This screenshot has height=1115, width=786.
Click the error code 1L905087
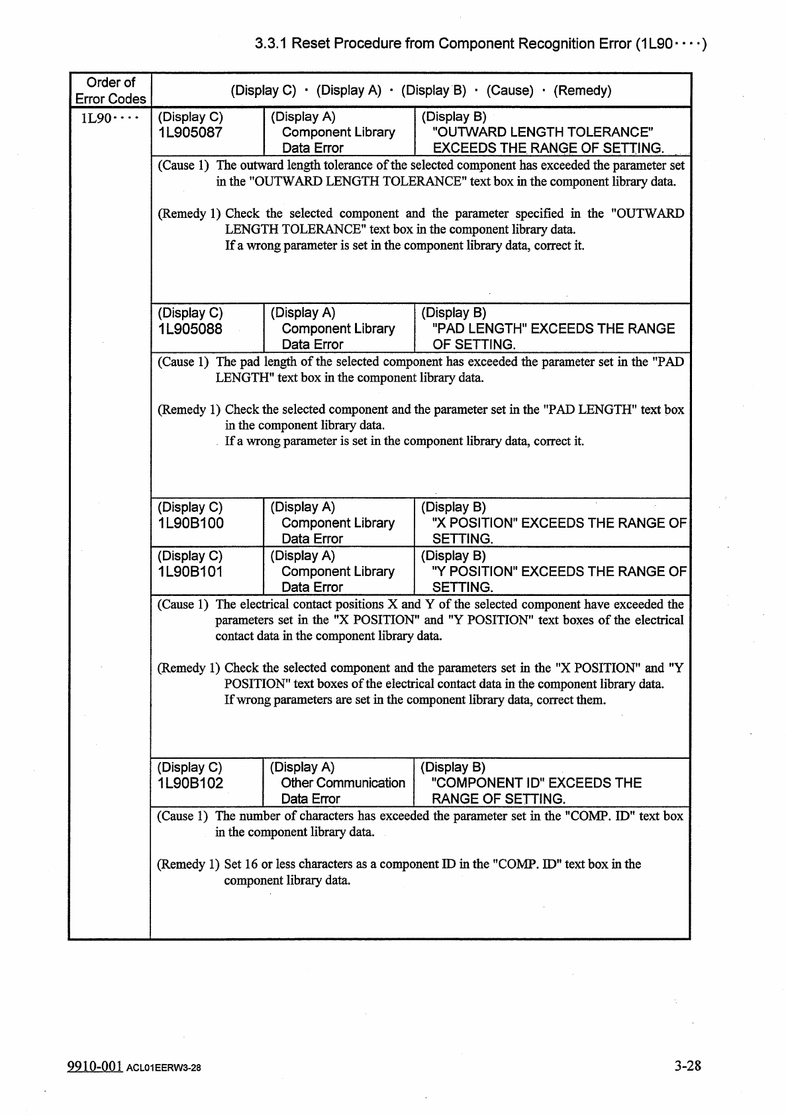(190, 132)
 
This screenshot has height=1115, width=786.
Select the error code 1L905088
(190, 329)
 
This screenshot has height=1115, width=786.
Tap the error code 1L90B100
(191, 524)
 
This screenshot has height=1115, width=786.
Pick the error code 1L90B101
(190, 572)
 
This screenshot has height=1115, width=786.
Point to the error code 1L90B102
(190, 783)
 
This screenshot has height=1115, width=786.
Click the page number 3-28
(687, 1065)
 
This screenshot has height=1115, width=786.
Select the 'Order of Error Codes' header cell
(111, 91)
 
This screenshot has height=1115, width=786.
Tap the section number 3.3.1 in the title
(271, 44)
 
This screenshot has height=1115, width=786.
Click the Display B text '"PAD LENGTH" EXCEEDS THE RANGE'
(553, 329)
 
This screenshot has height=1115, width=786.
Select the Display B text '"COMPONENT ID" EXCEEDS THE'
(536, 783)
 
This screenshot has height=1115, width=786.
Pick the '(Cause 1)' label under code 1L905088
(183, 362)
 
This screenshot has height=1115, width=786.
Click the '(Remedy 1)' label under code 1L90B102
(188, 864)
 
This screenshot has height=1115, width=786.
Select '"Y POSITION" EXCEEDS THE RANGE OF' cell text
(559, 572)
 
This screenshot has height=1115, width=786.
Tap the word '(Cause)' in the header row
(510, 91)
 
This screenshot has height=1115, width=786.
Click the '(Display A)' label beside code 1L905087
(303, 117)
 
